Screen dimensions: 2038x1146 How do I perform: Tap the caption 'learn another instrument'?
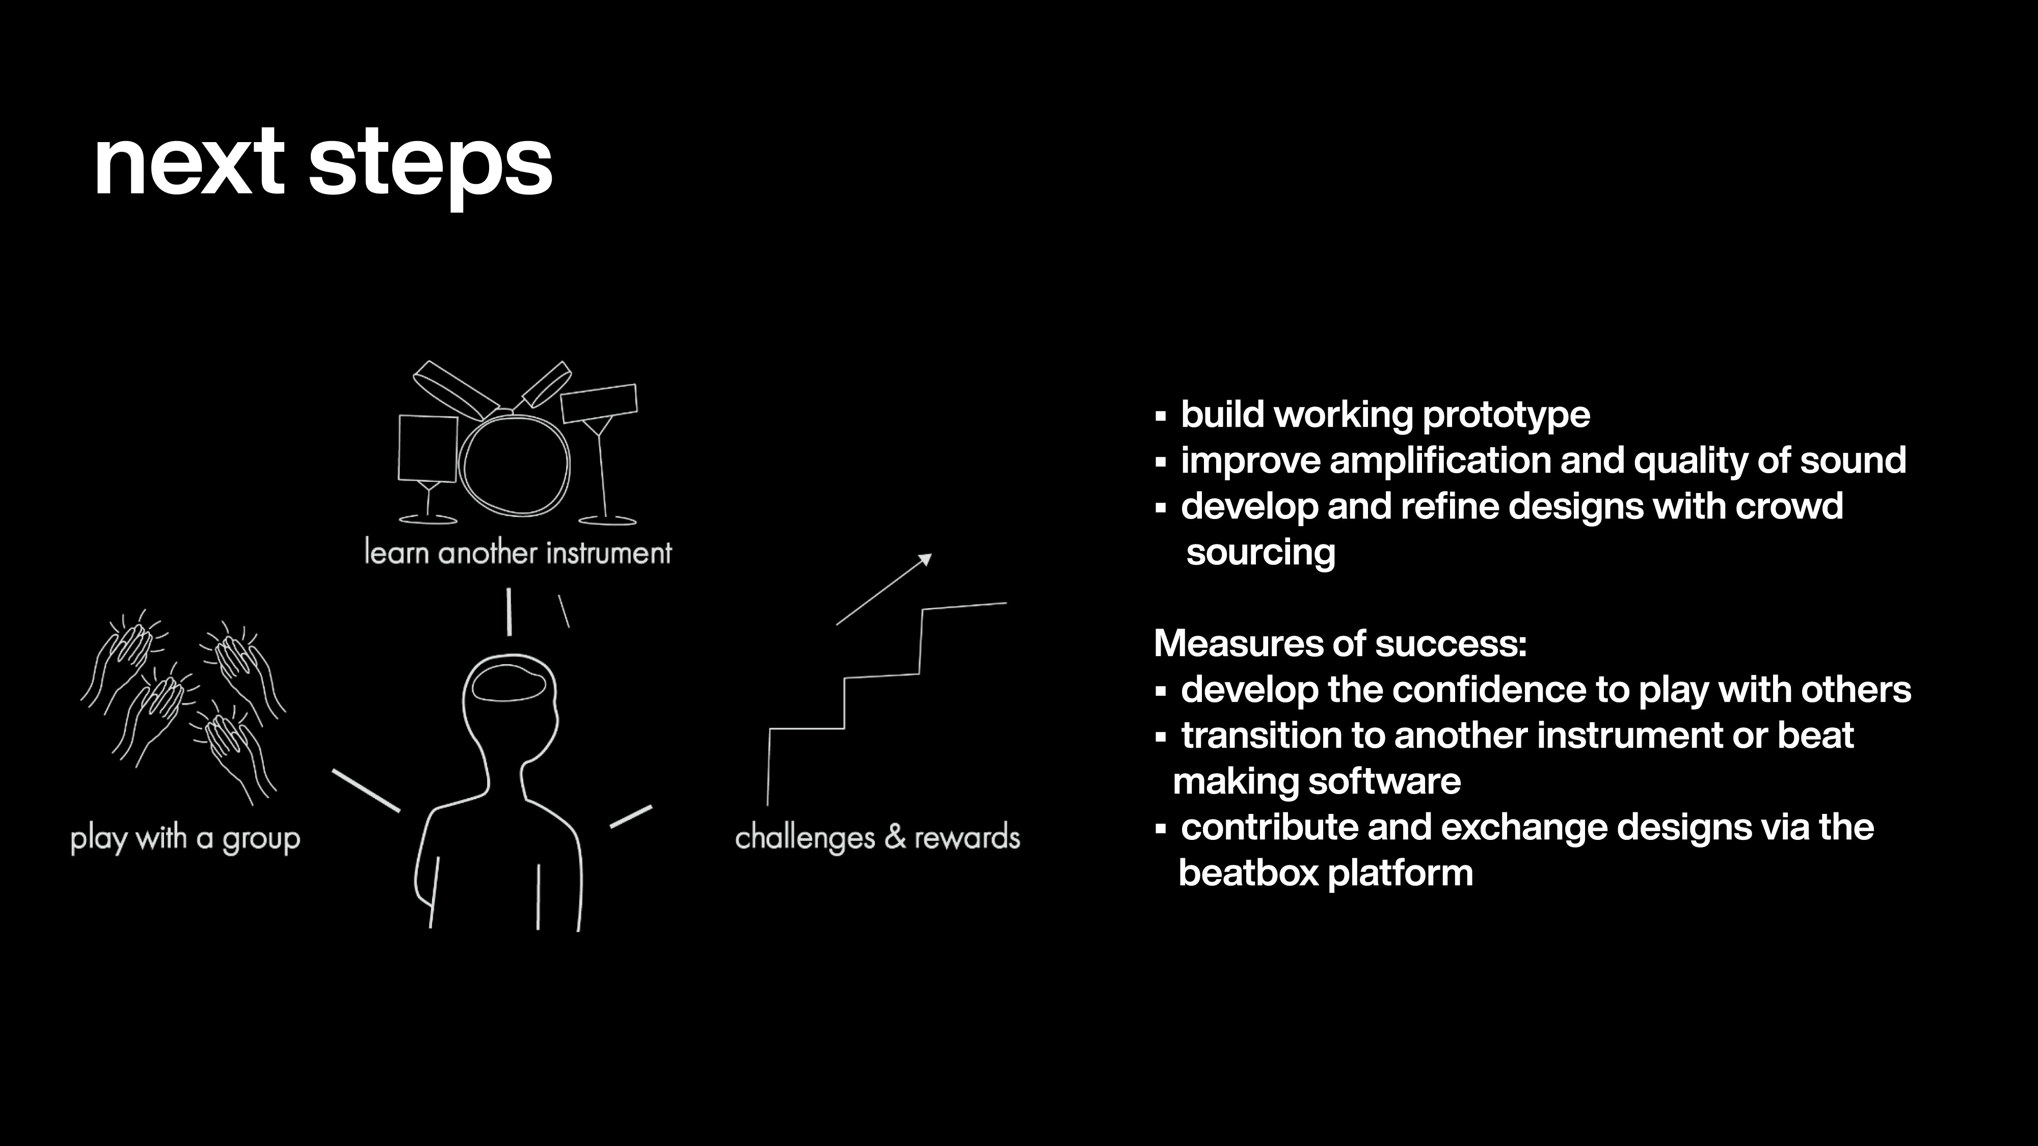tap(518, 552)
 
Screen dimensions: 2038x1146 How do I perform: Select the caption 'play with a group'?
tap(185, 838)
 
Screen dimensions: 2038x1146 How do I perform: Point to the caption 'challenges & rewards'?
tap(877, 837)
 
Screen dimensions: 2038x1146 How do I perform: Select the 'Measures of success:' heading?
tap(1340, 644)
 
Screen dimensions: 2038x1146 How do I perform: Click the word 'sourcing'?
tap(1261, 553)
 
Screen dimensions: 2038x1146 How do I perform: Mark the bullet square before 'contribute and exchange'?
tap(1161, 829)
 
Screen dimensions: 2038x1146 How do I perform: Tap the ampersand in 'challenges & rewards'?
tap(895, 837)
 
